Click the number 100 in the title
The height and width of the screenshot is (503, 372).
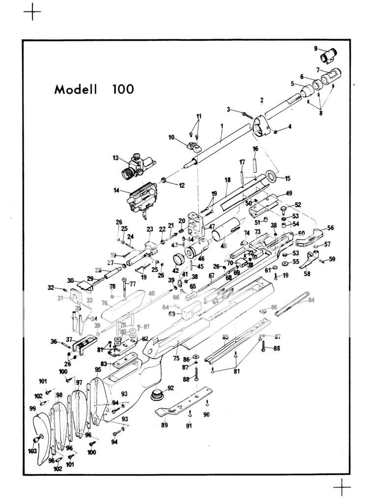pos(123,89)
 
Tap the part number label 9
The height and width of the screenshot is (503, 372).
pos(316,48)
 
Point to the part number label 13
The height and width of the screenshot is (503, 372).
pos(115,158)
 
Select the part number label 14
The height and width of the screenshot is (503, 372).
pos(116,190)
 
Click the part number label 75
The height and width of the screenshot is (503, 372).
pos(176,359)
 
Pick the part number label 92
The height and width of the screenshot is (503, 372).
pos(171,388)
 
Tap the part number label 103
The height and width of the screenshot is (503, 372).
pos(32,451)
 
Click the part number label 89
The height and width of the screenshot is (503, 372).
pos(164,424)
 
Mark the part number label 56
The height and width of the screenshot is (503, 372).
pos(331,228)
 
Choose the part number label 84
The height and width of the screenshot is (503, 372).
pos(311,300)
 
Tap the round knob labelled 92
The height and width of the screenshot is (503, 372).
pos(158,394)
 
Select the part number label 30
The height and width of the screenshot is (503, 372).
pos(70,280)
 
